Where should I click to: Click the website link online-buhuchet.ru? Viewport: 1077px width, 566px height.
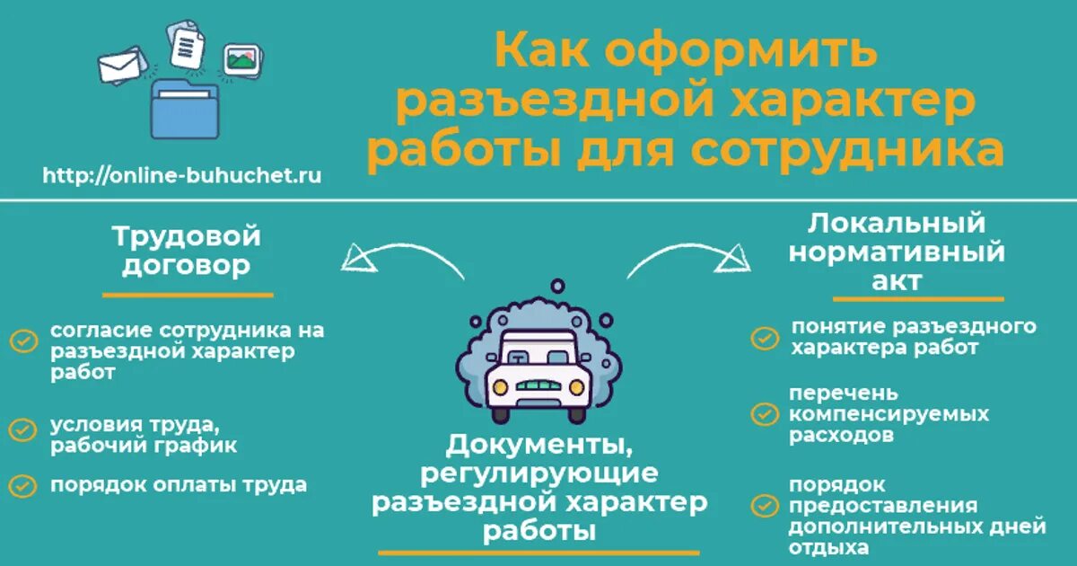click(x=182, y=175)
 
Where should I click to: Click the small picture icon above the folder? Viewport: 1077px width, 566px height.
click(x=241, y=59)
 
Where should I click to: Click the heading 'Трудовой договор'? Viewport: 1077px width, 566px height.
click(x=187, y=252)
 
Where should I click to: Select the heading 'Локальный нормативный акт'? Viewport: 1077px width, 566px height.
click(x=897, y=252)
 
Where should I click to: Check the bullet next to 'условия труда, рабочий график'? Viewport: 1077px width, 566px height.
click(x=22, y=429)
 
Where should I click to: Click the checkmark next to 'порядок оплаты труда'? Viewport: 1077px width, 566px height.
click(x=22, y=485)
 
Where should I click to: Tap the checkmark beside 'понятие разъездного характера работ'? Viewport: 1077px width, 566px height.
click(x=765, y=338)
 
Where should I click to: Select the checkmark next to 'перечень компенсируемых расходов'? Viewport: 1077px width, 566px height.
click(x=765, y=414)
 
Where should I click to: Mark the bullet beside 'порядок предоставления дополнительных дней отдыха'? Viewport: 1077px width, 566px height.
click(x=765, y=506)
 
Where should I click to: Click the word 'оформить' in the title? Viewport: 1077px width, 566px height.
click(x=740, y=52)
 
